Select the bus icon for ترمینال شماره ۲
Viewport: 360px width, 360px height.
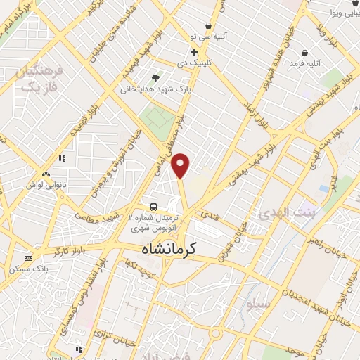coord(153,207)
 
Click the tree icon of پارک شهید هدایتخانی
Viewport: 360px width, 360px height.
coord(155,78)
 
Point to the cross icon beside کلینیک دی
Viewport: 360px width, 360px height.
coord(195,51)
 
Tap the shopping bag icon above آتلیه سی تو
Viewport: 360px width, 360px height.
coord(210,25)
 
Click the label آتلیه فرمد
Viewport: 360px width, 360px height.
coord(304,63)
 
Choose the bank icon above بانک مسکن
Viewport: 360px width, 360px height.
coord(28,258)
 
